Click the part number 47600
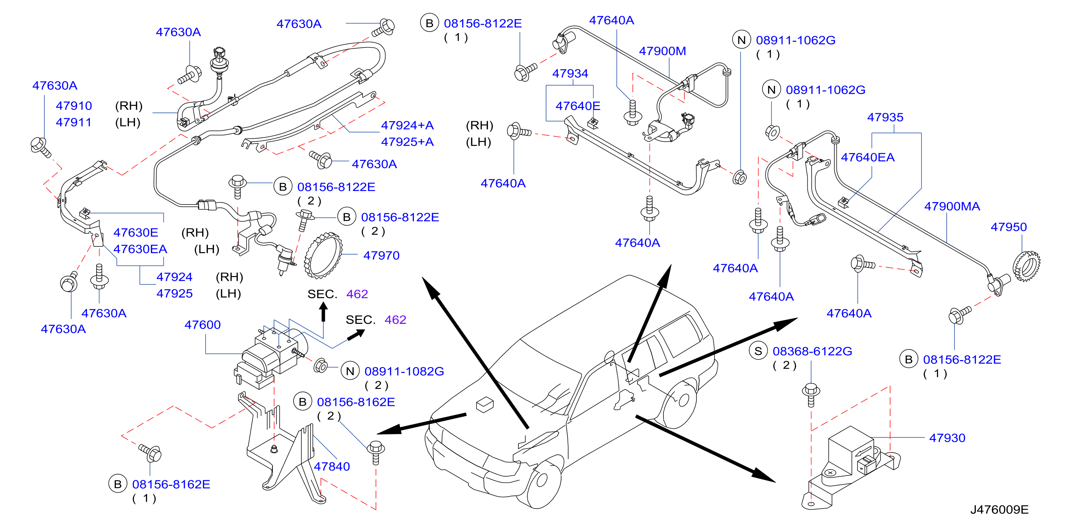tap(203, 325)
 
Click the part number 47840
tap(332, 466)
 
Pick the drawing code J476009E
tap(999, 510)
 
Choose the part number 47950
tap(1008, 227)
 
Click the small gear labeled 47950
tap(1026, 266)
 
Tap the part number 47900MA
tap(952, 206)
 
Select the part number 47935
tap(885, 117)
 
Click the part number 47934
tap(570, 73)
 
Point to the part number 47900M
tap(662, 51)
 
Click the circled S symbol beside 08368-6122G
tap(758, 351)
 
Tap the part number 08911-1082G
tap(404, 371)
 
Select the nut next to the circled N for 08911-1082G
tap(321, 365)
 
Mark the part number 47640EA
tap(867, 157)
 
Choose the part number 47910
tap(74, 106)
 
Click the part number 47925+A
tap(407, 142)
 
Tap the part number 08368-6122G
tap(812, 351)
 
